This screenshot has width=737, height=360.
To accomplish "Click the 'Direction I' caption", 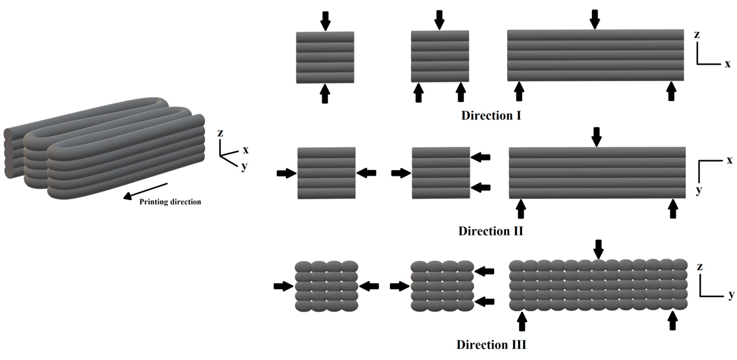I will coord(491,116).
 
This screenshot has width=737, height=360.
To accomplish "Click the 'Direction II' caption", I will coord(490,231).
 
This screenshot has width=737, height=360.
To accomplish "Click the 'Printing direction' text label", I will coord(170,202).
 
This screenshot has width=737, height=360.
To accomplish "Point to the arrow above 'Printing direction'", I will coord(145,191).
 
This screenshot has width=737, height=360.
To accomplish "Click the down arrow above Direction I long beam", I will coord(595,19).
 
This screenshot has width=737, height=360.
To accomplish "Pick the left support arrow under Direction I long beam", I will coord(519,91).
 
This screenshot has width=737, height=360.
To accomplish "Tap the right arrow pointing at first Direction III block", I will coord(369,286).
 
